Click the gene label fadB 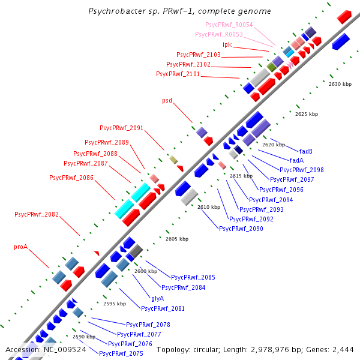click(306, 151)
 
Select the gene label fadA click(296, 160)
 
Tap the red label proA click(21, 247)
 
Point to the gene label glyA click(157, 298)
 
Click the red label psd click(167, 100)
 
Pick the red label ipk click(227, 44)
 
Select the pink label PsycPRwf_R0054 click(229, 25)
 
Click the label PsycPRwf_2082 click(37, 214)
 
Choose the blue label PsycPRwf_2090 click(241, 229)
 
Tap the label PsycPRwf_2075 click(121, 353)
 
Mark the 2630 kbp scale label click(340, 84)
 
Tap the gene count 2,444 click(341, 349)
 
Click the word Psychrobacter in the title click(114, 11)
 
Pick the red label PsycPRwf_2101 click(178, 74)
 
